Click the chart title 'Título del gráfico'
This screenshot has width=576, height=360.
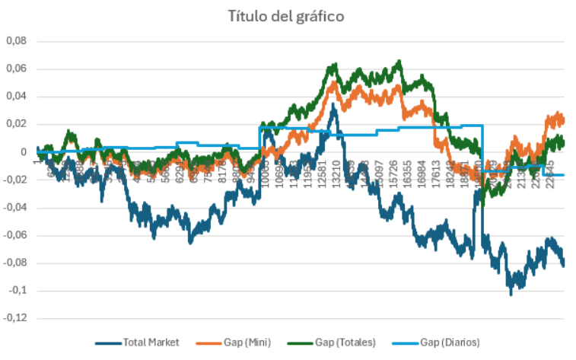tap(288, 16)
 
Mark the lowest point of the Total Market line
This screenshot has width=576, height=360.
tap(511, 294)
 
